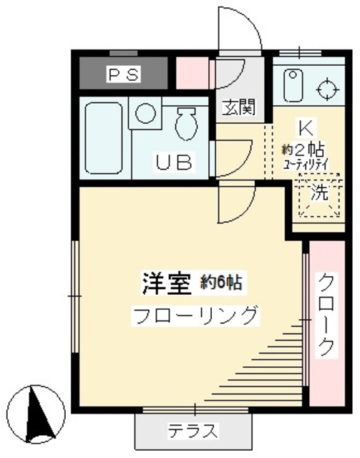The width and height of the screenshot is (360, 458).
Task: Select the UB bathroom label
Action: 173,163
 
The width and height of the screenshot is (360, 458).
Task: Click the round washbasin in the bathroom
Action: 146,114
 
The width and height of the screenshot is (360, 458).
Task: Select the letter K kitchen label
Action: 305,130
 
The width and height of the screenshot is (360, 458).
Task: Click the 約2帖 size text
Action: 303,150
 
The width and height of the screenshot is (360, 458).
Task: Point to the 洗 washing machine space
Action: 318,193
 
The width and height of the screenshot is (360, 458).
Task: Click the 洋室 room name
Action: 165,282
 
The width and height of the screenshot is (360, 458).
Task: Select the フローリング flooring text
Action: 193,314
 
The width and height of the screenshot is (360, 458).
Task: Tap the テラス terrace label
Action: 193,431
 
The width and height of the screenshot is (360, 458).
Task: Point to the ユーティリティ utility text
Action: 304,164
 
